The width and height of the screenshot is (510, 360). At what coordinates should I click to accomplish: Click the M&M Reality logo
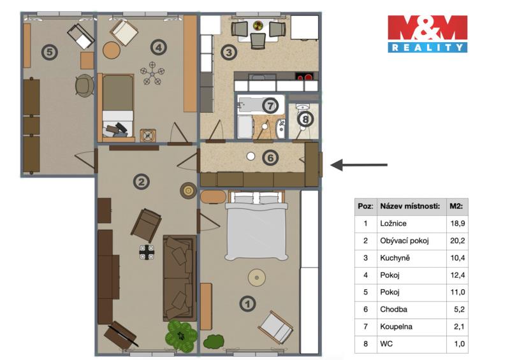coord(427,34)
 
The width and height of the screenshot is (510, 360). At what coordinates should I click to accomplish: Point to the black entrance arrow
coord(359,165)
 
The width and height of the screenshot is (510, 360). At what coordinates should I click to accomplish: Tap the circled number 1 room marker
coord(247,304)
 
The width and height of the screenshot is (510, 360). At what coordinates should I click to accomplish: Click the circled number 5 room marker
coord(50,52)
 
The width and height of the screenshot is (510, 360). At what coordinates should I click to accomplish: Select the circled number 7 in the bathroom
coord(270,105)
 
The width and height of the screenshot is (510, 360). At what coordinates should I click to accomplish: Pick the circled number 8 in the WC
coord(305,119)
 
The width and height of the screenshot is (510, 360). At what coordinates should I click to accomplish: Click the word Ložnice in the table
coord(393,224)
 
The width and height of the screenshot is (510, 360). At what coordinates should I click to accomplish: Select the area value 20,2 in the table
coord(457,241)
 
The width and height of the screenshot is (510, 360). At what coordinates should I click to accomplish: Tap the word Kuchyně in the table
coord(395,258)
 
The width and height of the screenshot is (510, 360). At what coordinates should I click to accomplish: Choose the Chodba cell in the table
coord(393,309)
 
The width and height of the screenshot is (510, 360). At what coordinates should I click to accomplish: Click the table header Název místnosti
coord(410,206)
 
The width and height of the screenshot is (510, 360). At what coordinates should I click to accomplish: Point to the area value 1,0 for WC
coord(459,343)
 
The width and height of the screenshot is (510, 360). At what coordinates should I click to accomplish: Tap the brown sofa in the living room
coord(180,278)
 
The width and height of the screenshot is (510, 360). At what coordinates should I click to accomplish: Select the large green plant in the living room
coord(181,335)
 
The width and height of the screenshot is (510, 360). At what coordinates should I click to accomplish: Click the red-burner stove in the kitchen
coord(305,77)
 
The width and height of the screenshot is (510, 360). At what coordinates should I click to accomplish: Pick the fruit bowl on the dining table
coord(258,25)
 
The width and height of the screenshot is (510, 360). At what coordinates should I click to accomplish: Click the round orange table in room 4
coord(112,50)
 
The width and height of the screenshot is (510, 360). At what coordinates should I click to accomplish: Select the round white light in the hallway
coord(251,156)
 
